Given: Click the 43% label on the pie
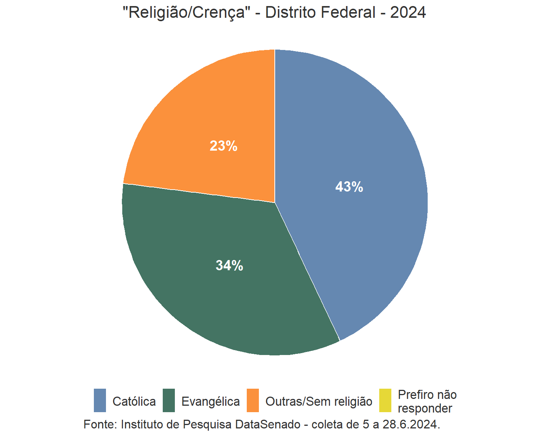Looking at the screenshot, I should coord(349,187).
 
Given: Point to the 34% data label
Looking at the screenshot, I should coord(229,266).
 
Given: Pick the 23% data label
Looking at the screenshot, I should coord(223,146).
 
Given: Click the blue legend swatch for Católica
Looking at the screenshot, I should coord(100,400).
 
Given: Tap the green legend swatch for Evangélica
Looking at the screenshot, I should coord(169,400).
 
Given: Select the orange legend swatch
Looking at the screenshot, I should coord(253,400).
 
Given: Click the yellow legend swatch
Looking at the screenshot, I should coord(385,400).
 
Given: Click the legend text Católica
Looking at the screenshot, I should coord(134,402).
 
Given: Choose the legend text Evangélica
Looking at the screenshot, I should coord(210,402).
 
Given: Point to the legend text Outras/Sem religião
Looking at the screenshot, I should coord(319,402).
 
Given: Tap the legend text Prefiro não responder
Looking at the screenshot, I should coord(427,402).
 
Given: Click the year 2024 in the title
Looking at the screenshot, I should coord(408,12).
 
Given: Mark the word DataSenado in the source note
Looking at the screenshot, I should coord(268,424).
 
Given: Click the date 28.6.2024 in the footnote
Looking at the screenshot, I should coord(410,424).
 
